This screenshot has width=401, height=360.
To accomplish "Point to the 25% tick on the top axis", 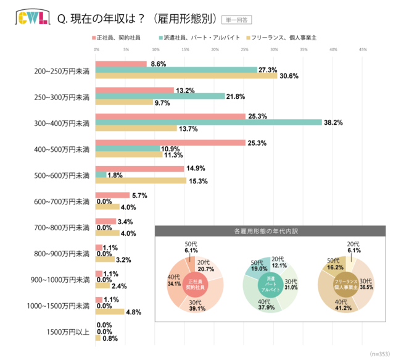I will tap(244, 49).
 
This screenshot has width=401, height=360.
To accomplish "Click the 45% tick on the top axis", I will tap(363, 49).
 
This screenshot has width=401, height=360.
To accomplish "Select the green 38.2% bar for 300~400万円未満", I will tap(209, 122).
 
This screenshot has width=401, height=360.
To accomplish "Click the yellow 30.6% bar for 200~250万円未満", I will tap(186, 76).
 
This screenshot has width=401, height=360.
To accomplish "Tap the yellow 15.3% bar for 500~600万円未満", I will tap(141, 181).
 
